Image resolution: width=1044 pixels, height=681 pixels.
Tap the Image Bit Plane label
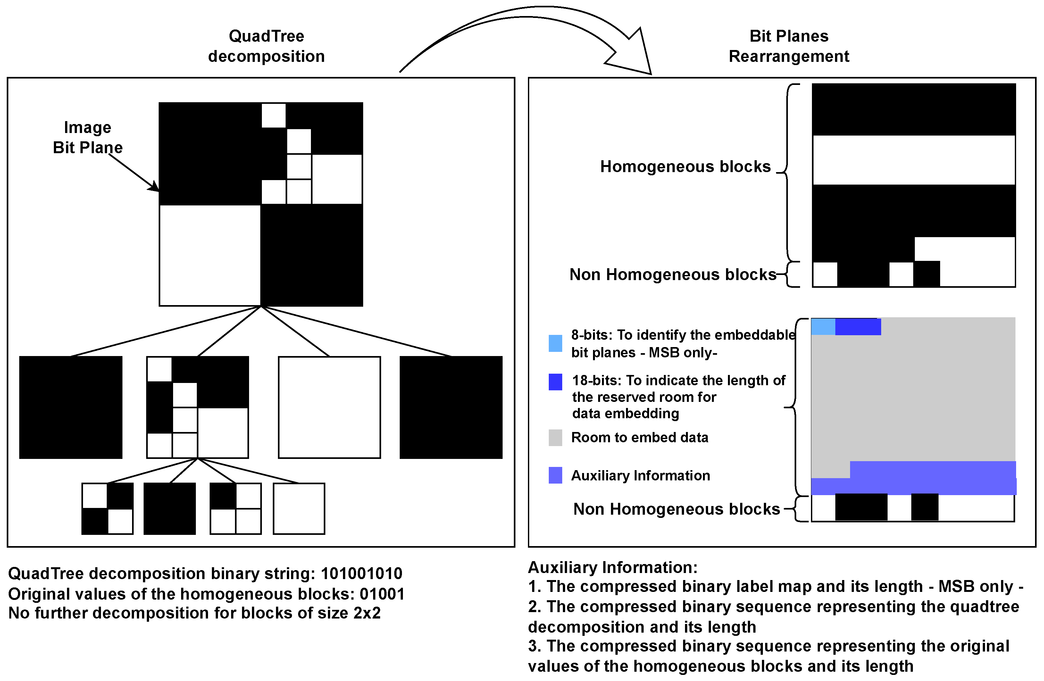coord(88,137)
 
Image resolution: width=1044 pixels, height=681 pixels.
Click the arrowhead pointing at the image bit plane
coord(154,187)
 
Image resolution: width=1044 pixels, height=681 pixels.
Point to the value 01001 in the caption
coord(382,594)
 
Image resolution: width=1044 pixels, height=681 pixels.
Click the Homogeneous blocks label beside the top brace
coord(685,167)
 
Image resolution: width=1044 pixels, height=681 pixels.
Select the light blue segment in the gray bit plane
coord(823,327)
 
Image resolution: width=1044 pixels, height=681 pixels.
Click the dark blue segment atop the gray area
coord(857,327)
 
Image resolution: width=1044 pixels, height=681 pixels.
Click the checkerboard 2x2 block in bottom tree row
coord(107,508)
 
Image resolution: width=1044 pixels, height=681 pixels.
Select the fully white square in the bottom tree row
coord(299,508)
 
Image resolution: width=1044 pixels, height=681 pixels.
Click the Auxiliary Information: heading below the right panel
coord(612,568)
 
